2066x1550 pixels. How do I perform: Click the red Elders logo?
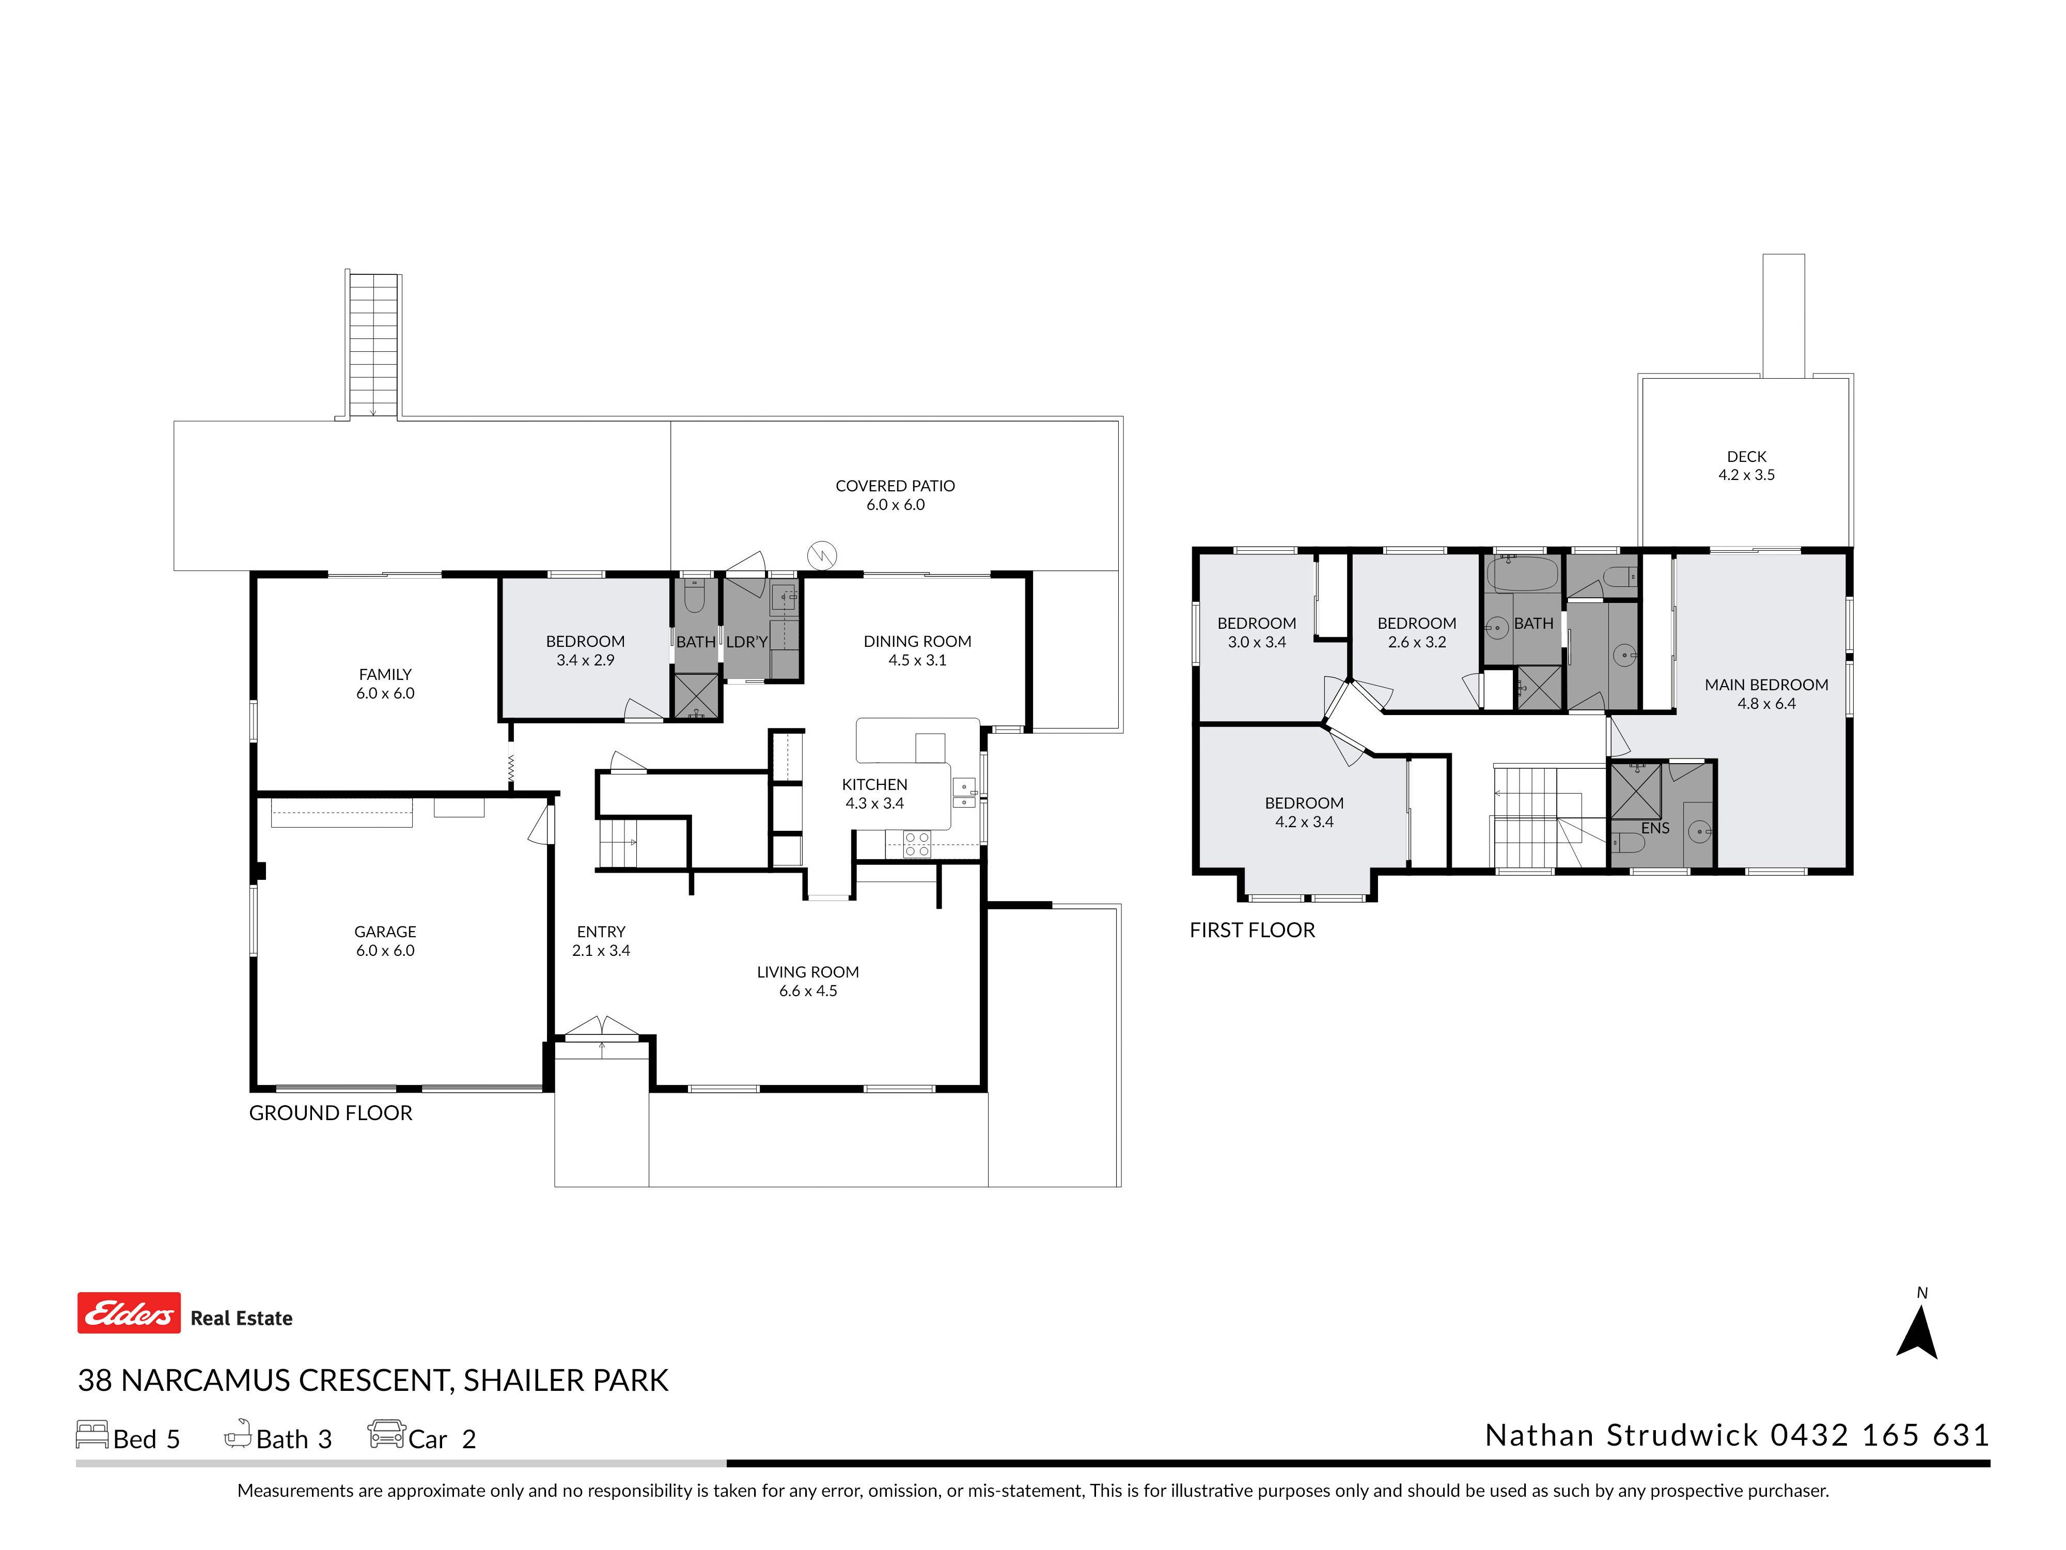point(129,1313)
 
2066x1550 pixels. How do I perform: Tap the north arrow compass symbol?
point(1917,1331)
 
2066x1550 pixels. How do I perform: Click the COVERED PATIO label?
point(895,486)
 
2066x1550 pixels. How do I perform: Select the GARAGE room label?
point(385,932)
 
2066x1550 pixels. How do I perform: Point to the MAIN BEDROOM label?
point(1766,685)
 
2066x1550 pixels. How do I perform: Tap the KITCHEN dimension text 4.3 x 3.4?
point(874,803)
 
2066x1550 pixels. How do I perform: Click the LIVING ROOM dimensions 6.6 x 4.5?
point(808,991)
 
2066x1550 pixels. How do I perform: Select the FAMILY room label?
point(385,675)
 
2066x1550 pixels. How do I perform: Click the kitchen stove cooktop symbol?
point(917,844)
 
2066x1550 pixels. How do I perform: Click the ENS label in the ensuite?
point(1655,828)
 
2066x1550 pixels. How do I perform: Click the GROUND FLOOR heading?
point(331,1113)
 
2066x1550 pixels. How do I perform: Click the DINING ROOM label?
point(917,642)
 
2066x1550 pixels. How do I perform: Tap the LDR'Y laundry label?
point(746,642)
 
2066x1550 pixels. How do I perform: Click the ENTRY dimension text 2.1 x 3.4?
point(601,951)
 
